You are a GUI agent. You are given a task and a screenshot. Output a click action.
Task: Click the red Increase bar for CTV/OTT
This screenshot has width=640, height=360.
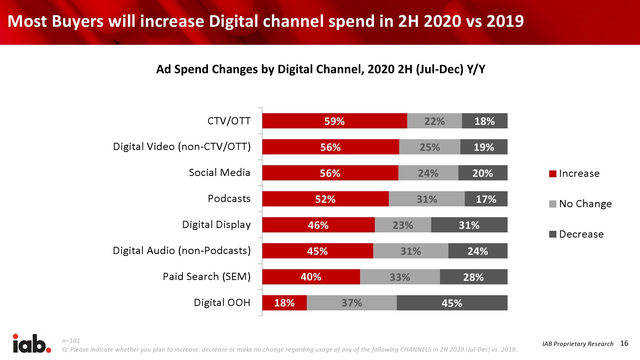click(334, 121)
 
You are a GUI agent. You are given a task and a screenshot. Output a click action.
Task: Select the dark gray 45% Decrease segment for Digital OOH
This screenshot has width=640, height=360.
click(452, 303)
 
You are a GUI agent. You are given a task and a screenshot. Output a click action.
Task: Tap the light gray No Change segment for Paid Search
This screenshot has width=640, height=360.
click(400, 277)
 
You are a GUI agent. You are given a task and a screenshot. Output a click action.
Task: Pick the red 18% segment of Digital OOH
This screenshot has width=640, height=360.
click(284, 303)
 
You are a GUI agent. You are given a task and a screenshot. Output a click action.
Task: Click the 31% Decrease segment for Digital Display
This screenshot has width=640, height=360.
click(469, 225)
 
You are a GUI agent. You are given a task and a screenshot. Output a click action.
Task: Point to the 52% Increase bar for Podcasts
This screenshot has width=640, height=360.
click(325, 199)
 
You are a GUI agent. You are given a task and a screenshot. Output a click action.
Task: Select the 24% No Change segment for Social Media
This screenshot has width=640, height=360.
click(428, 173)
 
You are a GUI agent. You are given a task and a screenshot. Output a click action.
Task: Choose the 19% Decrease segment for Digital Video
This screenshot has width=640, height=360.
click(484, 147)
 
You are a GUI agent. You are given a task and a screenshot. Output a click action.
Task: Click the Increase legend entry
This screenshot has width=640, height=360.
click(575, 174)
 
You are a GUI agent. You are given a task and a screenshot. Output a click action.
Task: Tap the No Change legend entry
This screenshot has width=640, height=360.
click(581, 204)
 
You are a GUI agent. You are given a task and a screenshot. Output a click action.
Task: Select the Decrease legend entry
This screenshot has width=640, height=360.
click(577, 234)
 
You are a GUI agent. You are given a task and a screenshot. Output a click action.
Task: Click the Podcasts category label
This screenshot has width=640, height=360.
click(229, 198)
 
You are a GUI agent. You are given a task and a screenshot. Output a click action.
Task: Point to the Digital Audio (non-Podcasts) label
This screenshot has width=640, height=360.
click(182, 250)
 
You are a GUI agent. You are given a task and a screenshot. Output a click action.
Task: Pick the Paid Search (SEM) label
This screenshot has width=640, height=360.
click(206, 276)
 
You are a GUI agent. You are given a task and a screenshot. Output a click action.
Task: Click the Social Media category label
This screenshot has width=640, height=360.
click(219, 172)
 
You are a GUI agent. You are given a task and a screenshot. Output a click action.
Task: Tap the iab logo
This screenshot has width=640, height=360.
click(32, 344)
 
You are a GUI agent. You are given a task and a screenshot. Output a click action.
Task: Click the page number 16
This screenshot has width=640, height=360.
click(624, 343)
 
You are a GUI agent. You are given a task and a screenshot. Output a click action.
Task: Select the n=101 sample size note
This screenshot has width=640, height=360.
click(71, 341)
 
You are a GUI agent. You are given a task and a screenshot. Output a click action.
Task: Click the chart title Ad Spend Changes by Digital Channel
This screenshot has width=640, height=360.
click(320, 69)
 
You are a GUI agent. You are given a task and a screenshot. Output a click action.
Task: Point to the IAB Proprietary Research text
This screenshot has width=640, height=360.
click(578, 344)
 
